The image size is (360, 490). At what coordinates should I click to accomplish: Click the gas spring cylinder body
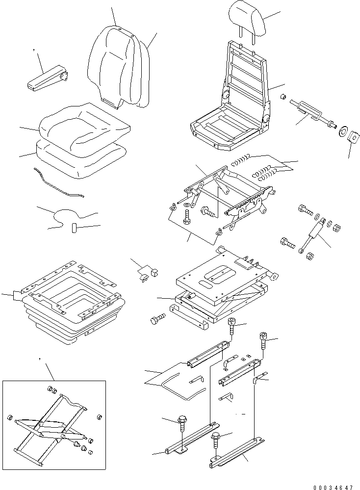tap(315, 230)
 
